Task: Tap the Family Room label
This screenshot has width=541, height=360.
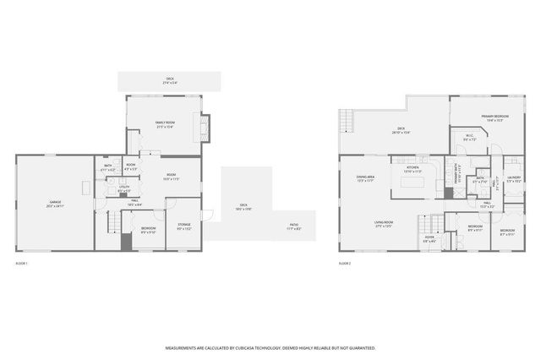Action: [x=164, y=124]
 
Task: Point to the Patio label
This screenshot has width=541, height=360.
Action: [x=294, y=226]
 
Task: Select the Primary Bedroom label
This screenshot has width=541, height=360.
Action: [x=495, y=117]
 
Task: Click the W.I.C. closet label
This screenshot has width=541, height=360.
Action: [x=470, y=137]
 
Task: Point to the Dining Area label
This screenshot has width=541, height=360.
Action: [x=365, y=177]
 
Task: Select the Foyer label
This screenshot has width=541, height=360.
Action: [x=429, y=239]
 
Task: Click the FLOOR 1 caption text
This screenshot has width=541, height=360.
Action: [x=23, y=264]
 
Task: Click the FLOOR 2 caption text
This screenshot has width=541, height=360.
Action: [x=345, y=264]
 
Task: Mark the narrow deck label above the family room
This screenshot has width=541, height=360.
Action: [x=170, y=82]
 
